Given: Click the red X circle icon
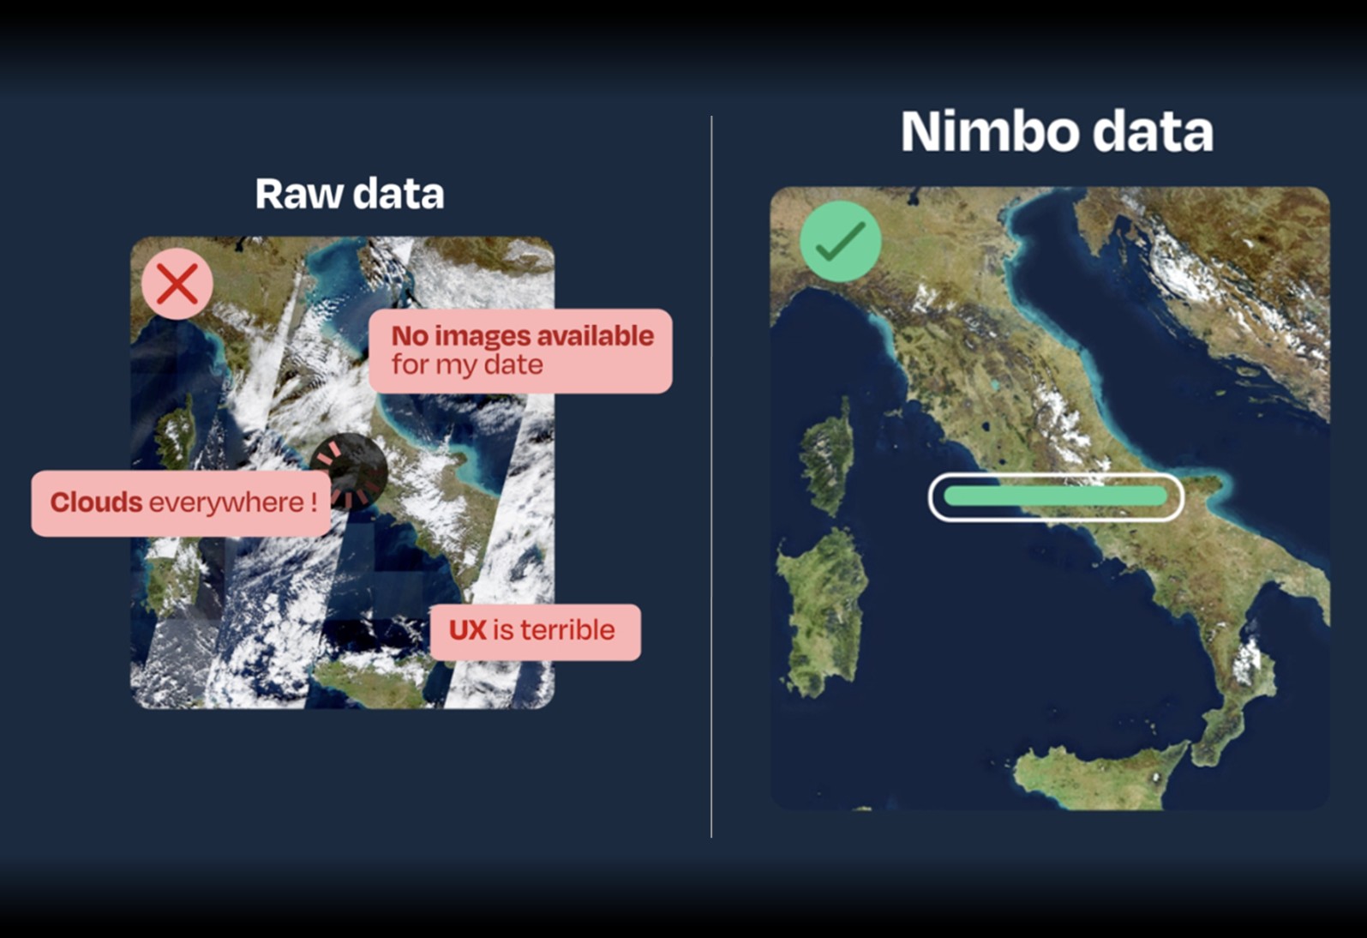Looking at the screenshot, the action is pos(177,284).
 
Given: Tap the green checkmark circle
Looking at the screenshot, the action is pos(840,241).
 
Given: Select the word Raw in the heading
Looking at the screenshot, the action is pos(299,194).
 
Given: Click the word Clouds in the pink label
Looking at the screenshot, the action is pos(97,502).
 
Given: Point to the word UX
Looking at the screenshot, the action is pos(467,630).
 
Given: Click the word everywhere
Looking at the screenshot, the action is pos(226,503).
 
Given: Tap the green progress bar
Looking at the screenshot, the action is pos(1056,496).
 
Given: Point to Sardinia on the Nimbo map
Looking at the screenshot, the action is pos(822,610).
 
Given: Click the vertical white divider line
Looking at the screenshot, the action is pos(711,477).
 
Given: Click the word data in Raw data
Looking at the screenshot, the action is pos(399,194).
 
